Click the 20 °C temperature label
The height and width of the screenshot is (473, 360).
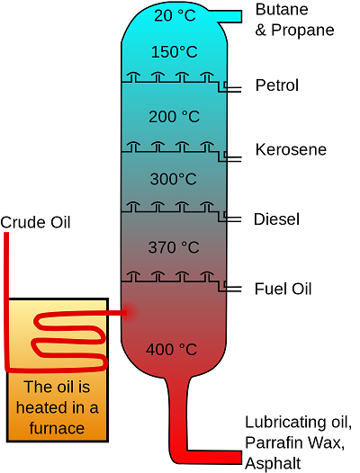pyautogui.click(x=175, y=15)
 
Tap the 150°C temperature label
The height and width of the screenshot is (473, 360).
pyautogui.click(x=175, y=52)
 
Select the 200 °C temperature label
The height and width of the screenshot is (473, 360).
pyautogui.click(x=175, y=117)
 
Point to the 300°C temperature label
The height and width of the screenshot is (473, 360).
pyautogui.click(x=174, y=179)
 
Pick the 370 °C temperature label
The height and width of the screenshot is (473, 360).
pyautogui.click(x=174, y=247)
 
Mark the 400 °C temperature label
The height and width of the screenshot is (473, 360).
pyautogui.click(x=171, y=350)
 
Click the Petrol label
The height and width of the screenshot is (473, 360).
pyautogui.click(x=277, y=85)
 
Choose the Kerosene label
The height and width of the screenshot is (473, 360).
pyautogui.click(x=291, y=149)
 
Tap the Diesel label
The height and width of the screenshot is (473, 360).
pyautogui.click(x=276, y=219)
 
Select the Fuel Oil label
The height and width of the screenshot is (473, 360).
pyautogui.click(x=283, y=289)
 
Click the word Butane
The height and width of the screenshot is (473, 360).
pyautogui.click(x=282, y=9)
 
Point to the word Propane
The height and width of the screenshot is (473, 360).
pyautogui.click(x=302, y=31)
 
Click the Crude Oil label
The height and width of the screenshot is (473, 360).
pyautogui.click(x=35, y=223)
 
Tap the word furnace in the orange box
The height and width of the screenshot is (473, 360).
pyautogui.click(x=57, y=428)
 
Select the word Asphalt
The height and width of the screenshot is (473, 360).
pyautogui.click(x=273, y=463)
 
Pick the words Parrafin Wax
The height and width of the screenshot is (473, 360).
pyautogui.click(x=295, y=442)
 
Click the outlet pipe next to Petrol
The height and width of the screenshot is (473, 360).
pyautogui.click(x=232, y=89)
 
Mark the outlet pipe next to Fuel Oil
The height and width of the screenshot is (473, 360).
pyautogui.click(x=232, y=289)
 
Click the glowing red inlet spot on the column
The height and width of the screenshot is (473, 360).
pyautogui.click(x=130, y=313)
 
